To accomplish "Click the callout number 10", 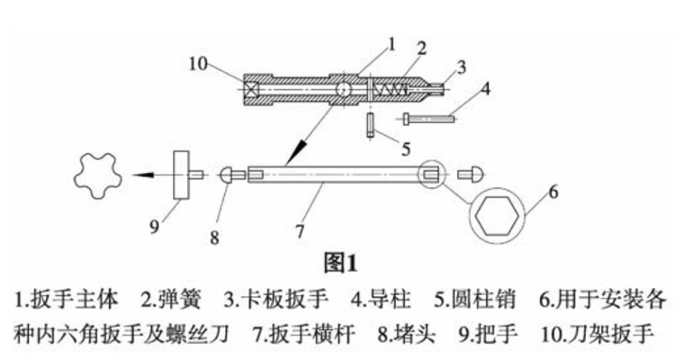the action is [198, 64].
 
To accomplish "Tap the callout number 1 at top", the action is [391, 44].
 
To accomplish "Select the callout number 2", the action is [421, 49].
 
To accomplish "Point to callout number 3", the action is [461, 67].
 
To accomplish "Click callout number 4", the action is [485, 88].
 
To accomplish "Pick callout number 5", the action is [406, 149].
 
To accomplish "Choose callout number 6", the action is [553, 192].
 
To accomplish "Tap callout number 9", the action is [154, 227].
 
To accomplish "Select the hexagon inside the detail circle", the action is [497, 215].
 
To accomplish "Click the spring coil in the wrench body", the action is [391, 90].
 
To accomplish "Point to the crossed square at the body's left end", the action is [252, 90].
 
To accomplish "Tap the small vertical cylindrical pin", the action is [371, 125].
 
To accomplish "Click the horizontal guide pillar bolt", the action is [428, 118].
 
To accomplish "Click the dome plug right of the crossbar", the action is [471, 175].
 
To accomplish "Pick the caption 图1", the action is [340, 263].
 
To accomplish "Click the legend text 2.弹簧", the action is [171, 300].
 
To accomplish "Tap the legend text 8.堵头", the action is [407, 335].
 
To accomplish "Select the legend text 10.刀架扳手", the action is [597, 335].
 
